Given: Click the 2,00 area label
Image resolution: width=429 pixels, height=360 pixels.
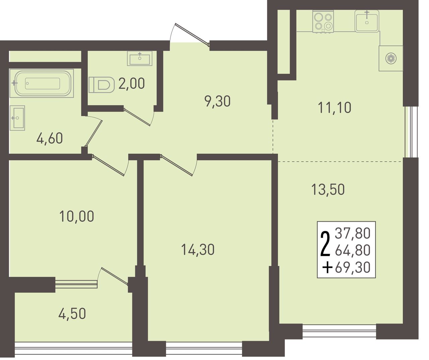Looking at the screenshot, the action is click(131, 84).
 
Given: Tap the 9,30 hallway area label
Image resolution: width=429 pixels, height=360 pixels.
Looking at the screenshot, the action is click(218, 101).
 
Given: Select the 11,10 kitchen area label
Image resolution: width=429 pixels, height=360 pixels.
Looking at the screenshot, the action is click(334, 107).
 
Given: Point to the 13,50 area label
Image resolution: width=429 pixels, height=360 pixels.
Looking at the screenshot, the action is click(328, 190).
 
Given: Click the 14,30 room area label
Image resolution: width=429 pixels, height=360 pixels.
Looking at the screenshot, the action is click(198, 250).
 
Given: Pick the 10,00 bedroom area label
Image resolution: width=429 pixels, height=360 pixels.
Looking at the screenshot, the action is click(77, 216).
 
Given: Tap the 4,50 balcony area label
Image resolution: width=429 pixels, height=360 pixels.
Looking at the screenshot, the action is click(72, 314).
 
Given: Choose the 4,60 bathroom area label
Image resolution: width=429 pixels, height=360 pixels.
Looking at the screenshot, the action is click(50, 138).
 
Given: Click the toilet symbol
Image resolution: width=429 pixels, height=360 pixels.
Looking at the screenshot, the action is click(102, 85).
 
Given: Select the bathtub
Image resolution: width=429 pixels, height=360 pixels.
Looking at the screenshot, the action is click(42, 83).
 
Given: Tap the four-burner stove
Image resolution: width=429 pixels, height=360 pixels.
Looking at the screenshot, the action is click(323, 21).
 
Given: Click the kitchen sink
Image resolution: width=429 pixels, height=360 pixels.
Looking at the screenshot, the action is click(367, 21).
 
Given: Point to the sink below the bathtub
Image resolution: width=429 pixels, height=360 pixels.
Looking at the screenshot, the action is click(17, 118).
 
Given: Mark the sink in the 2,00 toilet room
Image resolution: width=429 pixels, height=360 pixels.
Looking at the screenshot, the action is click(140, 58).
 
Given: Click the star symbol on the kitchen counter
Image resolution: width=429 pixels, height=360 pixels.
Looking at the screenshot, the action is click(391, 59).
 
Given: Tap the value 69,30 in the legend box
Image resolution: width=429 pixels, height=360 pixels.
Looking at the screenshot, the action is click(353, 268).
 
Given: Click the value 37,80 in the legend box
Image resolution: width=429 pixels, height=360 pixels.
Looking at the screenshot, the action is click(353, 234).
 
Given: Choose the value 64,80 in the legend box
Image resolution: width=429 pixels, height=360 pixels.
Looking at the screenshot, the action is click(353, 250).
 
